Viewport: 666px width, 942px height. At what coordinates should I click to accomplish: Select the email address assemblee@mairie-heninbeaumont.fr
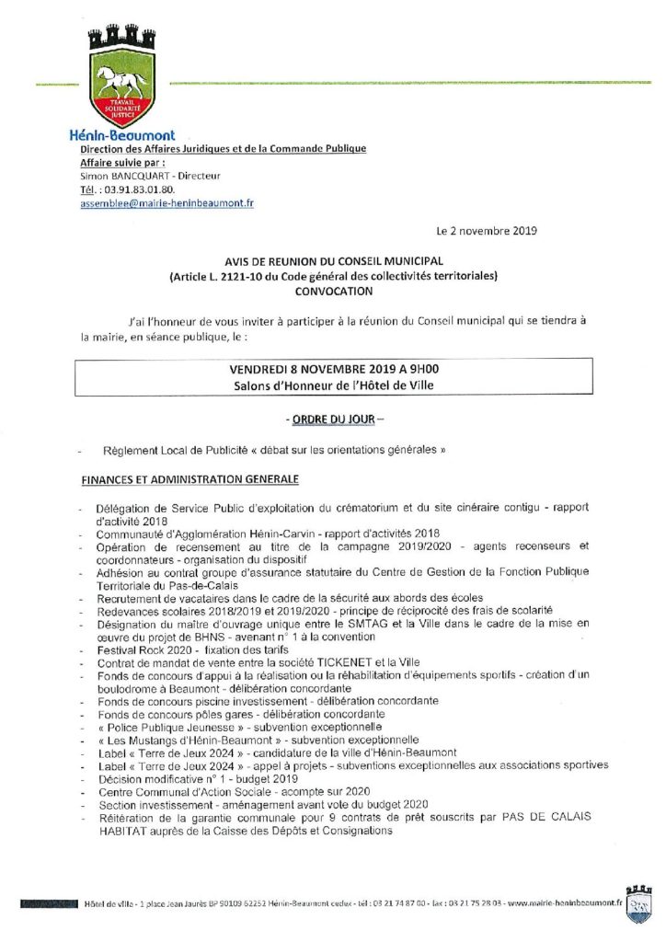(166, 203)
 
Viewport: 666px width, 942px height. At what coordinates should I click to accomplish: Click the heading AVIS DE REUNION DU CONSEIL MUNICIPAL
(333, 261)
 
